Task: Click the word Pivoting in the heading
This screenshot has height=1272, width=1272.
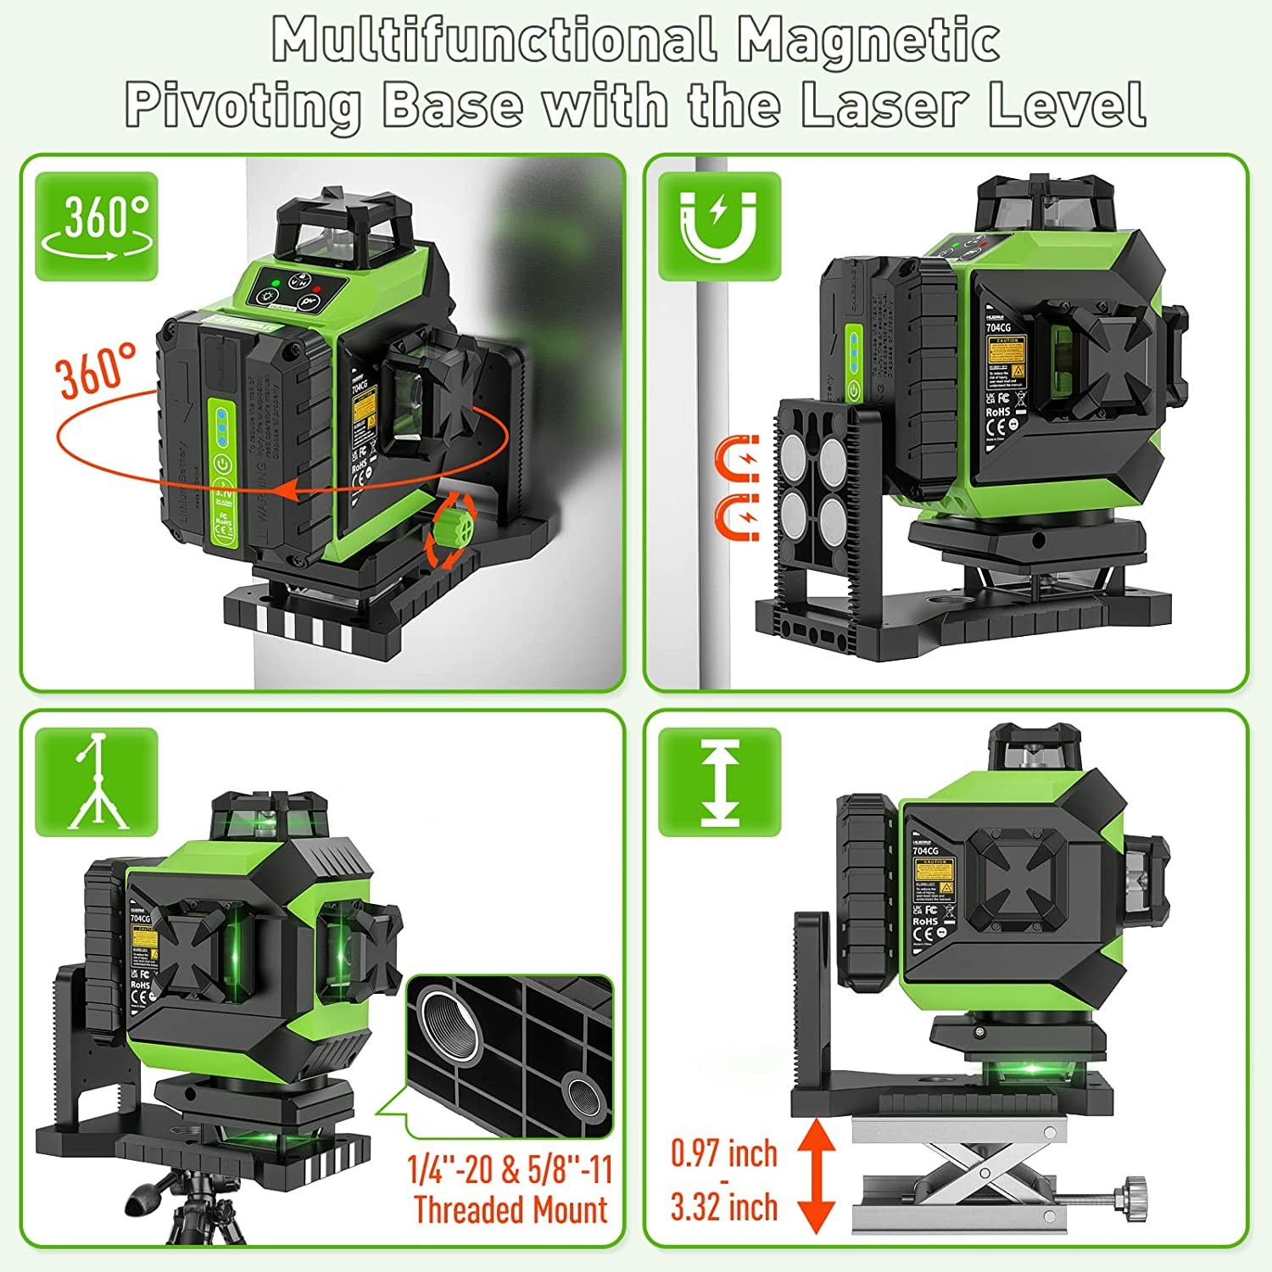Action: (x=243, y=105)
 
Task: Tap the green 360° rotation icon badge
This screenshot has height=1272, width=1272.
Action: (x=96, y=226)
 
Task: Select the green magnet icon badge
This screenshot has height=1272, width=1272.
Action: (x=719, y=226)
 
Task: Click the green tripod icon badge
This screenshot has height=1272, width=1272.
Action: (x=96, y=782)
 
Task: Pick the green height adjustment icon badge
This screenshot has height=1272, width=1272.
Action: (x=719, y=782)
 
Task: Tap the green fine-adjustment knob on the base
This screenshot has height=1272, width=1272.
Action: (x=452, y=530)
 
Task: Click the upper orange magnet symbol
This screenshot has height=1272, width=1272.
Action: (x=737, y=459)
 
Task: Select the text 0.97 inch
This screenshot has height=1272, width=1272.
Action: (x=723, y=1153)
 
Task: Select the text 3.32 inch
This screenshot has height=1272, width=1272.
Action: (x=723, y=1208)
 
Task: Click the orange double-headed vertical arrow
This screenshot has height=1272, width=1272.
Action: (x=816, y=1175)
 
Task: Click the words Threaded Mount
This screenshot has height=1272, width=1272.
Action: (x=510, y=1209)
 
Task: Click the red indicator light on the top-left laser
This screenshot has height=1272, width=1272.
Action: (x=316, y=283)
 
